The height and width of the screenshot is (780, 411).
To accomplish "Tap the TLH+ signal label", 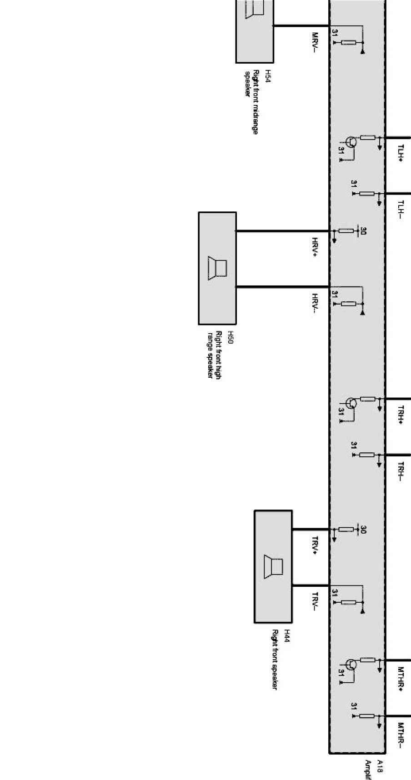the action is (x=401, y=154).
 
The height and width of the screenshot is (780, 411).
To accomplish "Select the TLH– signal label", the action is (x=401, y=210).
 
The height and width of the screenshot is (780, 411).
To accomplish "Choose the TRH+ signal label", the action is (x=401, y=415).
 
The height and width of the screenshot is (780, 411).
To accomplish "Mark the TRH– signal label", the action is (x=401, y=471).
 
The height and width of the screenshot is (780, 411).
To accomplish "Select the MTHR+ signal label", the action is (x=401, y=679).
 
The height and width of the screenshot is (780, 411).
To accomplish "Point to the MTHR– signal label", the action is (x=401, y=735).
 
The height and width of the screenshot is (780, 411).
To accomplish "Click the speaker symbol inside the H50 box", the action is (x=217, y=268).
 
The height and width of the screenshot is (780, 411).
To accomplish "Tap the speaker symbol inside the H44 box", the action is (x=273, y=567).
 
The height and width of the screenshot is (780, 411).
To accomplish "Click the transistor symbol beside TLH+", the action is (x=351, y=142).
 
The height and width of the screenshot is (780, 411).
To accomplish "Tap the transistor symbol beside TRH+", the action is (x=351, y=403).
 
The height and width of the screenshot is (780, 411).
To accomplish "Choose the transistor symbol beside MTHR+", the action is (x=351, y=665).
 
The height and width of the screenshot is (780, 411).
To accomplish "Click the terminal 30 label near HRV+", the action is (x=363, y=231).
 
